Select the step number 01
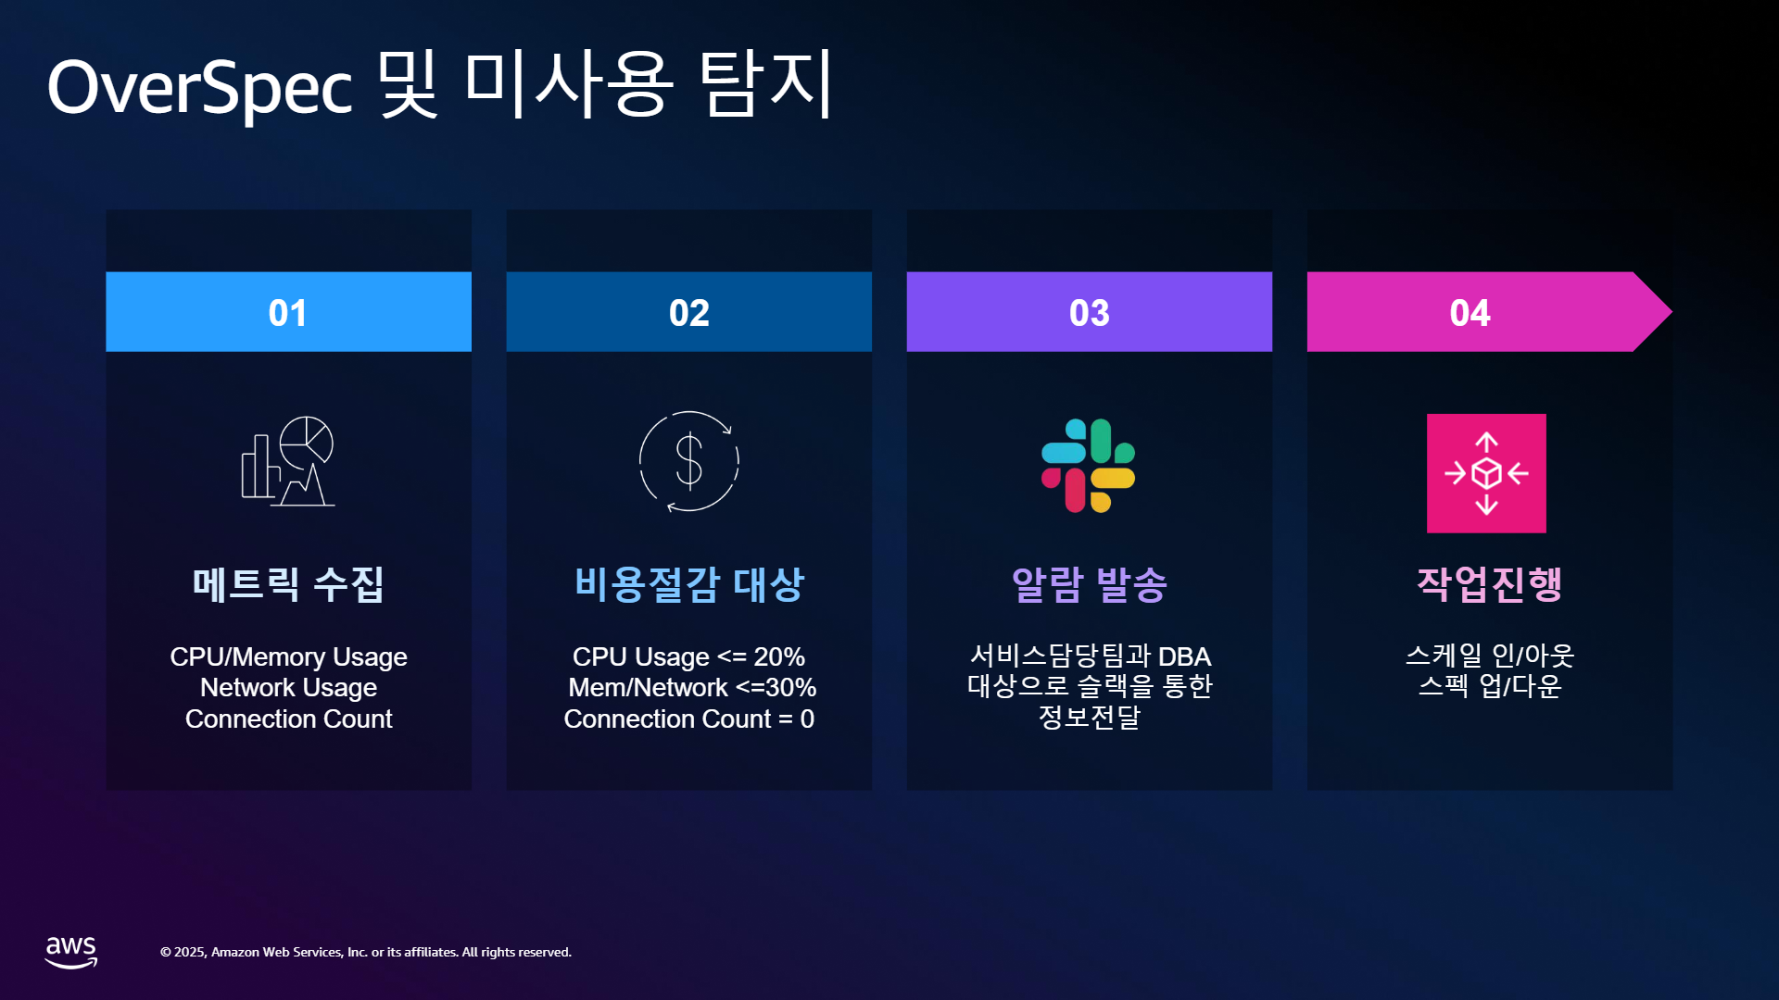(x=287, y=313)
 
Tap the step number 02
(x=688, y=313)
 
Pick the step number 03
(x=1089, y=313)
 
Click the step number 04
(x=1470, y=313)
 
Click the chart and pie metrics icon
(x=288, y=461)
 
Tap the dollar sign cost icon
(x=688, y=461)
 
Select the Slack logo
(x=1089, y=466)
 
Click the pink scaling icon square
(x=1486, y=473)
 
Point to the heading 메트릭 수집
(x=288, y=584)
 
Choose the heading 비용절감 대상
(x=688, y=584)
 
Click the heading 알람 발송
(x=1089, y=584)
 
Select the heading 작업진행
(x=1489, y=584)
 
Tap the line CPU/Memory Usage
(x=288, y=656)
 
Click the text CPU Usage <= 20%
(x=688, y=656)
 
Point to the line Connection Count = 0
(x=688, y=719)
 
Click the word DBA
(x=1184, y=656)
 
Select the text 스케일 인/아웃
(x=1490, y=656)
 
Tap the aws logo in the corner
(x=71, y=952)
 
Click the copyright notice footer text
(x=366, y=952)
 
